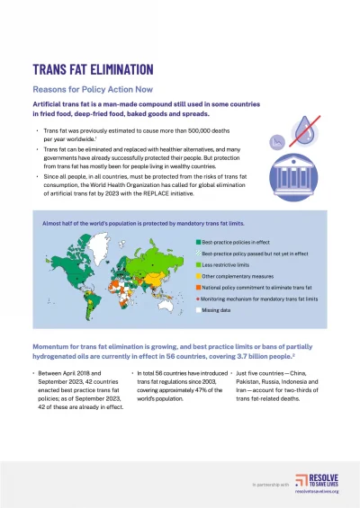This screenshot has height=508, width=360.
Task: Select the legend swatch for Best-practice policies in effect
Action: (199, 243)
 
